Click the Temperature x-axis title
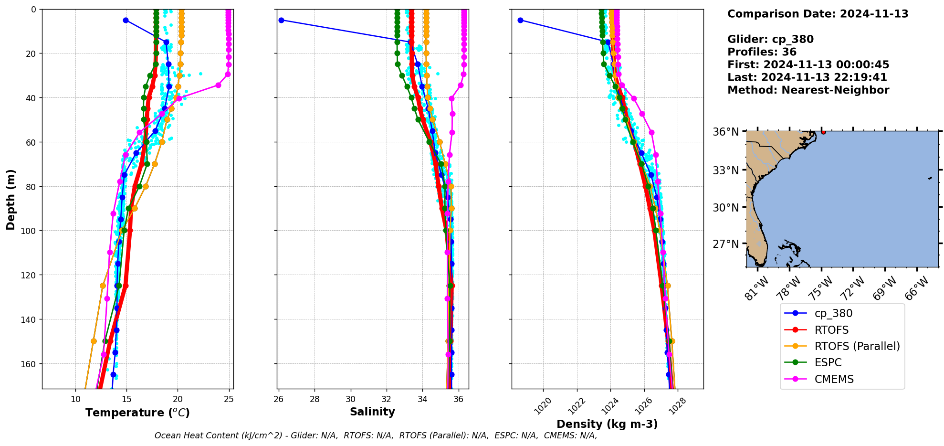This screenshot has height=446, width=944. click(x=137, y=413)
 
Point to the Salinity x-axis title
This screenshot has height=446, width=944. click(x=372, y=412)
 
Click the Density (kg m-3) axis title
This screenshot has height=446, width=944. click(x=607, y=424)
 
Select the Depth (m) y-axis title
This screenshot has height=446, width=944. click(x=10, y=199)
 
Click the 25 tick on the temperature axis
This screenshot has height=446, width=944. click(x=229, y=399)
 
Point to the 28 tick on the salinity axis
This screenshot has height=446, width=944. click(x=315, y=399)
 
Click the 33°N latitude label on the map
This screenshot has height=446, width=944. click(x=725, y=170)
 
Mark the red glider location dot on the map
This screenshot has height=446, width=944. click(x=823, y=132)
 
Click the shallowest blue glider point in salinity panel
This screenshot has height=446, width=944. click(x=281, y=20)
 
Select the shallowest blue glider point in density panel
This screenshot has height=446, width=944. click(x=520, y=20)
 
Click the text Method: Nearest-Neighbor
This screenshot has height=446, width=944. click(x=808, y=90)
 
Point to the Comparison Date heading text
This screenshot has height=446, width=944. click(x=818, y=14)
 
